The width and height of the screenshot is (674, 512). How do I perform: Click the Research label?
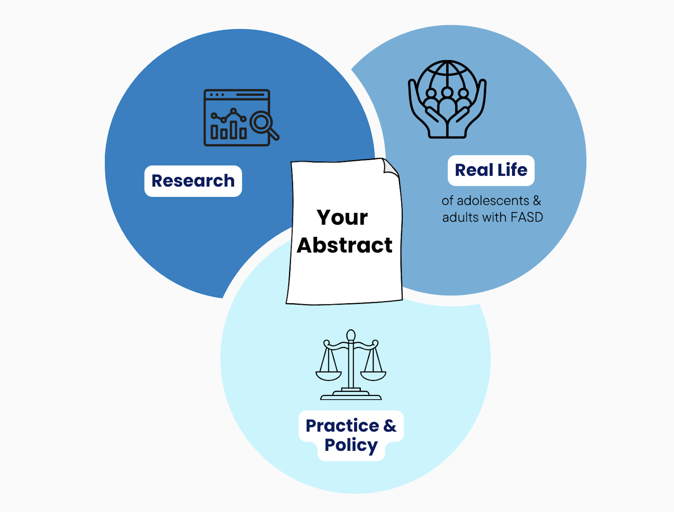point(193,181)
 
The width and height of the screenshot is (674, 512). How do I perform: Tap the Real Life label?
point(491,170)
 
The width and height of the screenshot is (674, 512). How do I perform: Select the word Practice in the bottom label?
point(342,426)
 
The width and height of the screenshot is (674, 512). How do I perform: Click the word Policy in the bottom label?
point(351,445)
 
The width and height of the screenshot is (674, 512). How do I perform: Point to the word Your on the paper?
point(342,217)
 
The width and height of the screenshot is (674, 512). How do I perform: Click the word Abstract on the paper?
point(344,245)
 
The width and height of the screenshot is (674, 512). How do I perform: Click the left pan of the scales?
point(328,375)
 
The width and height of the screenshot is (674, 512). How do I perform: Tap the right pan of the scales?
point(373,375)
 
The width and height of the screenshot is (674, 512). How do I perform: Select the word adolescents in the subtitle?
point(493,201)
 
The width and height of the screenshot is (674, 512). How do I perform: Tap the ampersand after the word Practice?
point(390,426)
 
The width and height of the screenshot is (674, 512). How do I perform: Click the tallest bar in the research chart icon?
point(233,130)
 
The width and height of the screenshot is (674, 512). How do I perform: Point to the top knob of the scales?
point(351,335)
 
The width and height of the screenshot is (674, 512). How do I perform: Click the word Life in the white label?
point(512,170)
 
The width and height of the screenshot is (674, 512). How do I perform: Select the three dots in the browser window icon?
point(217,95)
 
